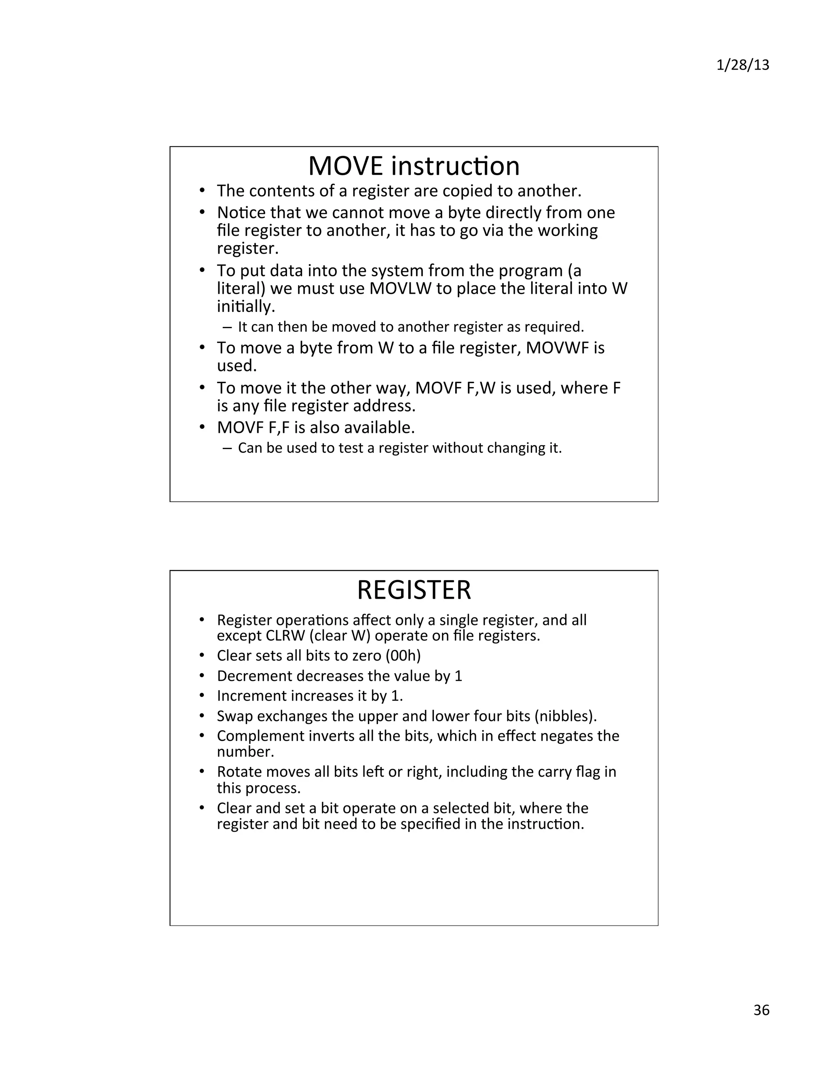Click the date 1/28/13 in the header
coord(742,65)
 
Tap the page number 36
coord(761,1010)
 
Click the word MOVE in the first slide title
coord(345,166)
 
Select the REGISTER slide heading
coord(414,589)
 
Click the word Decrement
coord(255,676)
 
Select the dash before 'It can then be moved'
coord(227,327)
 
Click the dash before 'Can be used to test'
coord(227,448)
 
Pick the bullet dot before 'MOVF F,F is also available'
coord(202,428)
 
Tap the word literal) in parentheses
coord(241,288)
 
